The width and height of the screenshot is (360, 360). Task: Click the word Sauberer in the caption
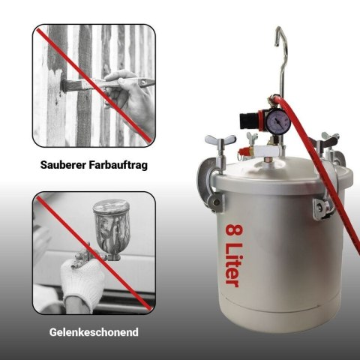(x=63, y=165)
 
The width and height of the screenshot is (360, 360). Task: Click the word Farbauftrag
(x=118, y=165)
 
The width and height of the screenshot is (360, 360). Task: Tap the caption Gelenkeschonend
(x=94, y=332)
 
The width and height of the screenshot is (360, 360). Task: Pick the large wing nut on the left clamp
(x=220, y=141)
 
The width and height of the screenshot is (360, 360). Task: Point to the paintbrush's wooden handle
(x=120, y=83)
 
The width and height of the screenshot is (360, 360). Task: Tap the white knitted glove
(x=82, y=280)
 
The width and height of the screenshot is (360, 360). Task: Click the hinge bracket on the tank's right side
(x=321, y=208)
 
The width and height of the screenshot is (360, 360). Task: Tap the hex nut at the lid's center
(x=268, y=159)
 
